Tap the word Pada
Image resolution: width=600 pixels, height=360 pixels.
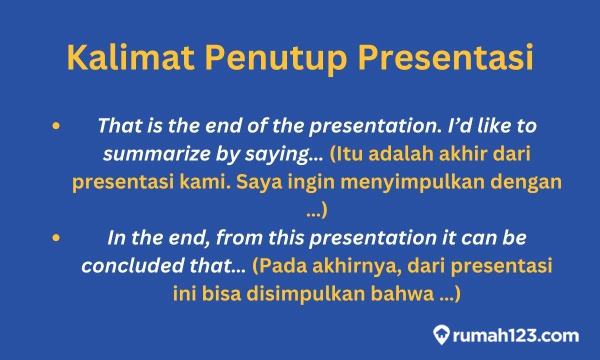(x=280, y=266)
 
